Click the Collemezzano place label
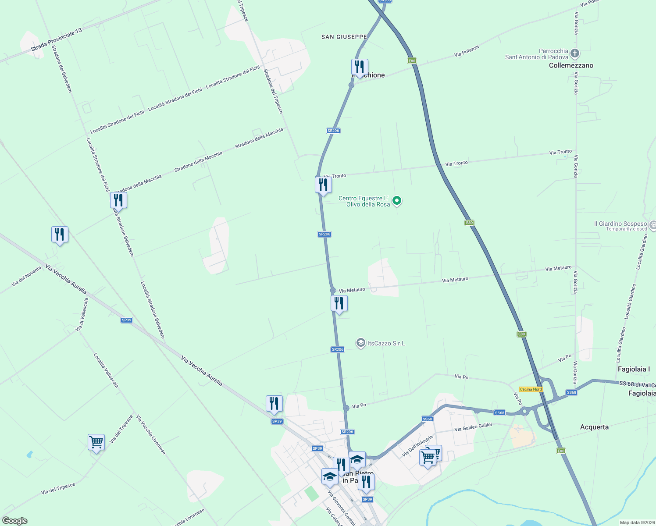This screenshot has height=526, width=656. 571,65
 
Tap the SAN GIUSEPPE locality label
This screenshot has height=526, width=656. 344,37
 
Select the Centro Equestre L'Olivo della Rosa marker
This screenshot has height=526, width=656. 397,201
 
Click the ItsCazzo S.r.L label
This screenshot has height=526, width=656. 386,343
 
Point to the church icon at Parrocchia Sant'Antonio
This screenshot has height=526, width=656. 575,54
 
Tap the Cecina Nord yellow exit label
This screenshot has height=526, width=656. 531,389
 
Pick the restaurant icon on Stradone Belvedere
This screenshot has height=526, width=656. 118,200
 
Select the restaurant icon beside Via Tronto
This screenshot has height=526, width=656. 323,185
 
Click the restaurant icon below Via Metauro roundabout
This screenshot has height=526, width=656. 339,303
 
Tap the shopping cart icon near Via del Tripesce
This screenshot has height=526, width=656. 96,442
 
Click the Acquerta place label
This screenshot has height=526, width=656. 594,427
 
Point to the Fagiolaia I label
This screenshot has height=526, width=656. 634,369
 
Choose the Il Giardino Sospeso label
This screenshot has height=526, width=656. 620,224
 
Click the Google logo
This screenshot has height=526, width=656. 14,521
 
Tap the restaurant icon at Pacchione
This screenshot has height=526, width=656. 360,67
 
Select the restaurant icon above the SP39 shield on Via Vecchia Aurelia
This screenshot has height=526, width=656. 274,404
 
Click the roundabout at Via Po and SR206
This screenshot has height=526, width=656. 346,408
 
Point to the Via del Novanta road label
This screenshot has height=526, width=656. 26,277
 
